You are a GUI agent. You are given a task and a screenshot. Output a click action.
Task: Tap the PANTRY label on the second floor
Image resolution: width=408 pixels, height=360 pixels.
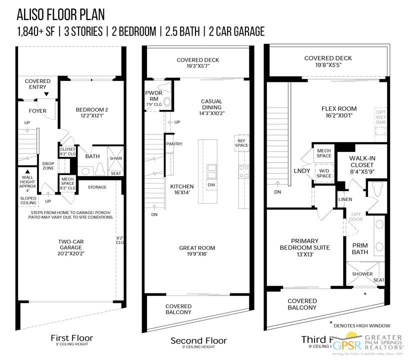pos(174,144)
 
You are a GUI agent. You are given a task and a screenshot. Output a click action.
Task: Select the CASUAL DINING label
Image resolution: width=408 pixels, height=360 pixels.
pos(211,109)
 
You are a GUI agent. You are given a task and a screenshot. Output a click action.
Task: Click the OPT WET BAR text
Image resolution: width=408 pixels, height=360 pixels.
pos(381,117)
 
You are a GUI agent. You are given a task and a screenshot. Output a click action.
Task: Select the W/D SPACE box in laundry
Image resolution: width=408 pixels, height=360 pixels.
pos(323,173)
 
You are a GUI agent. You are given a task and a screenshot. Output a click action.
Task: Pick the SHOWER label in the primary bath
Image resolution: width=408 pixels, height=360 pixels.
pos(362,274)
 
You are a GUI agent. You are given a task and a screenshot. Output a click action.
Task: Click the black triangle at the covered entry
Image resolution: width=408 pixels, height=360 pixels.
pos(46,94)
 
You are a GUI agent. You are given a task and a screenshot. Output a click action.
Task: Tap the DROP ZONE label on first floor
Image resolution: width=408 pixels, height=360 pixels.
pos(48,166)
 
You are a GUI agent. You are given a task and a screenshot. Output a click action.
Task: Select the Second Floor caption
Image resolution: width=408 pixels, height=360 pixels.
pos(198,341)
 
